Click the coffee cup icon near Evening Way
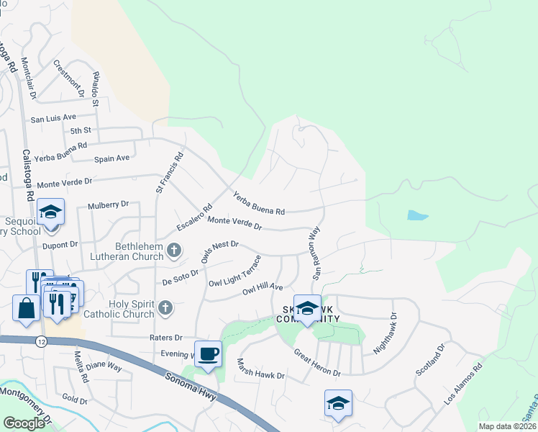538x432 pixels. (208, 354)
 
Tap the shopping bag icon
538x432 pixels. (27, 308)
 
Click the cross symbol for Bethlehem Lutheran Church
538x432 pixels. (173, 251)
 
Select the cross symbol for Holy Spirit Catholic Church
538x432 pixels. (165, 308)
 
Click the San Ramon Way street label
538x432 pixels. (315, 253)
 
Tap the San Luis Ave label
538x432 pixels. (53, 117)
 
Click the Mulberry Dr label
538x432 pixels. (108, 205)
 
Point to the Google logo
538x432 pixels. (24, 423)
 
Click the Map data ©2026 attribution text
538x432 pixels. (507, 426)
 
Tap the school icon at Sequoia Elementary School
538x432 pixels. (51, 212)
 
